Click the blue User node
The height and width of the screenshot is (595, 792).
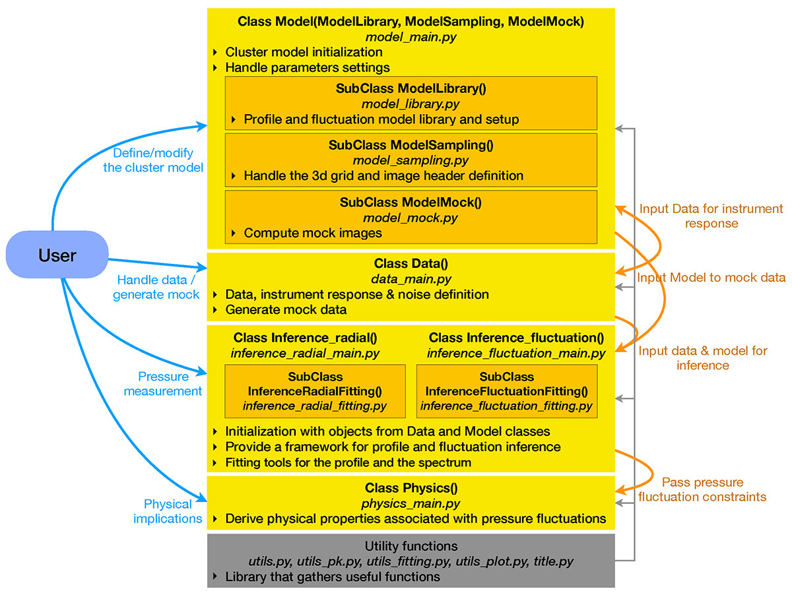(57, 254)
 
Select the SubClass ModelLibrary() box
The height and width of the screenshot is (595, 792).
(411, 103)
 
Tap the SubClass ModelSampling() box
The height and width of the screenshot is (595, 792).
(411, 160)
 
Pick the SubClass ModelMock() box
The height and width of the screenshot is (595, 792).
(411, 217)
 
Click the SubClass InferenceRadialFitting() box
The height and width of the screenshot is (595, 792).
(315, 391)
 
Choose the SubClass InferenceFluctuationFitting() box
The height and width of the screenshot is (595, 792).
(506, 391)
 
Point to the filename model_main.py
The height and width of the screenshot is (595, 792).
(411, 37)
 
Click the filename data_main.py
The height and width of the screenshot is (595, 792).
(411, 279)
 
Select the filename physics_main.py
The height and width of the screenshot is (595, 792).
(411, 503)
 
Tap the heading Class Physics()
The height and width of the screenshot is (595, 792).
(411, 489)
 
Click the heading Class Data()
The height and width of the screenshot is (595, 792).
(411, 264)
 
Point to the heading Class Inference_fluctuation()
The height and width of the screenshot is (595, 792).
(515, 338)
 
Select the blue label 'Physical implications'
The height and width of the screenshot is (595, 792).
(168, 511)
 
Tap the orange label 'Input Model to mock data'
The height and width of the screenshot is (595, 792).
(711, 278)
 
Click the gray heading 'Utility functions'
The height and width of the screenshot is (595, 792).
(411, 547)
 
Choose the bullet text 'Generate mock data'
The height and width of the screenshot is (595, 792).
(286, 309)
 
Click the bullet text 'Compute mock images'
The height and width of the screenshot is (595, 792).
(313, 233)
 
